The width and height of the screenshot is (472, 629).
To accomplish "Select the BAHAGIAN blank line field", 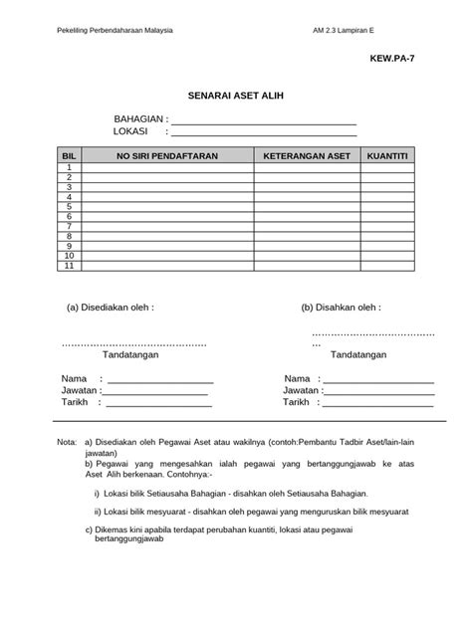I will (264, 123).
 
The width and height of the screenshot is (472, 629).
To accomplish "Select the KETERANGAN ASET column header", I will (307, 157).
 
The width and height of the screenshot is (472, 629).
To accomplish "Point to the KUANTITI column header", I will (387, 157).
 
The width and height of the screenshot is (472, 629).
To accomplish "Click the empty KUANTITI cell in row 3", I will (387, 187).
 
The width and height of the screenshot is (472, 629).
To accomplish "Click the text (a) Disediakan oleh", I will (111, 309).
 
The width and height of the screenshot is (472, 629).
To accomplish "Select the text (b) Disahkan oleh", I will (342, 309).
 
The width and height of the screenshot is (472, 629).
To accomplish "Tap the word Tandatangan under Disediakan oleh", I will (132, 354).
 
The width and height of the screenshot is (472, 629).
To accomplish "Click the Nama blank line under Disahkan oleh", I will (378, 381).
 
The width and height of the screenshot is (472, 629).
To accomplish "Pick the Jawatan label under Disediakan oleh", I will (80, 391).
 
